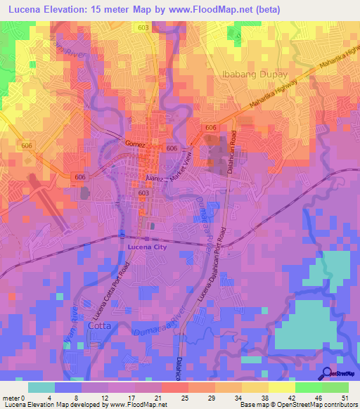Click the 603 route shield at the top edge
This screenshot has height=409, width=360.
143,27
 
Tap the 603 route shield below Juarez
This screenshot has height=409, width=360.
143,193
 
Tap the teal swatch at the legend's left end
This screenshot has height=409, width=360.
41,387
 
